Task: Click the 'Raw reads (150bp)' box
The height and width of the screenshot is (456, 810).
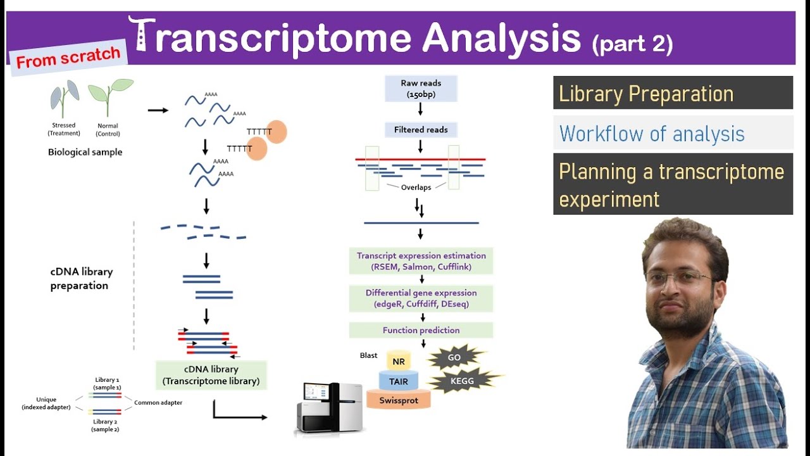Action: point(421,89)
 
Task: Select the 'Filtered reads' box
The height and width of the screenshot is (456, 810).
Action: point(421,130)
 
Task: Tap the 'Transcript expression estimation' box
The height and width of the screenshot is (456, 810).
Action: point(421,261)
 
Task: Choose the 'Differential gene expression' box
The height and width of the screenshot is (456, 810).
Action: point(421,298)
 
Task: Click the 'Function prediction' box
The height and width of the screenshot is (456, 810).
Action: point(421,330)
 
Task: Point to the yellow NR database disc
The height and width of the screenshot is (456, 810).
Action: point(399,362)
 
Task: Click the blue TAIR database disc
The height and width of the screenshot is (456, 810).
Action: point(399,381)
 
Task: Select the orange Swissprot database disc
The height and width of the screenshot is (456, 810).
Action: point(399,400)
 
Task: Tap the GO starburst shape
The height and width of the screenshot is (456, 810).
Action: point(454,358)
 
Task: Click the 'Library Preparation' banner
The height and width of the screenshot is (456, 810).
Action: point(673,94)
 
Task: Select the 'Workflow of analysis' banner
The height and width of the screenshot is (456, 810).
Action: point(673,134)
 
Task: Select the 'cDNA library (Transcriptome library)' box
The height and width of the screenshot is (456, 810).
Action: point(211,375)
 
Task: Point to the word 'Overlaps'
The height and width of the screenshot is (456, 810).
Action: point(416,187)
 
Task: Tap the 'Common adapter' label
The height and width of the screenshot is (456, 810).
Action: point(158,403)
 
